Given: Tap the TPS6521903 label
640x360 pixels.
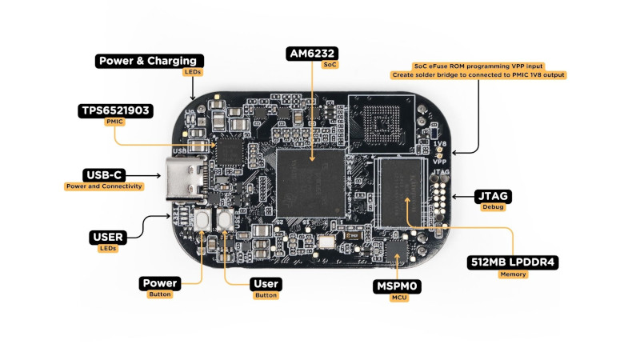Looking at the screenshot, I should click(x=116, y=110).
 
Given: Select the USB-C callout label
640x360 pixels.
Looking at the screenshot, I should click(x=104, y=175).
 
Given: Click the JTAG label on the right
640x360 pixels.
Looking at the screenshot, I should click(x=493, y=196).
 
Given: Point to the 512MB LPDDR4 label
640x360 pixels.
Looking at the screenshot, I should click(x=513, y=262).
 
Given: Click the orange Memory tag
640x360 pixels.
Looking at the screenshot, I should click(x=513, y=274).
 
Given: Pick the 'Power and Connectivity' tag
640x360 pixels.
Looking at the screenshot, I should click(x=104, y=186).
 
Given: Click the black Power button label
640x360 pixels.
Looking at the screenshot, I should click(x=159, y=283).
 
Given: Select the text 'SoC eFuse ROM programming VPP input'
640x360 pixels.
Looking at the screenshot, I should click(x=478, y=65).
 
